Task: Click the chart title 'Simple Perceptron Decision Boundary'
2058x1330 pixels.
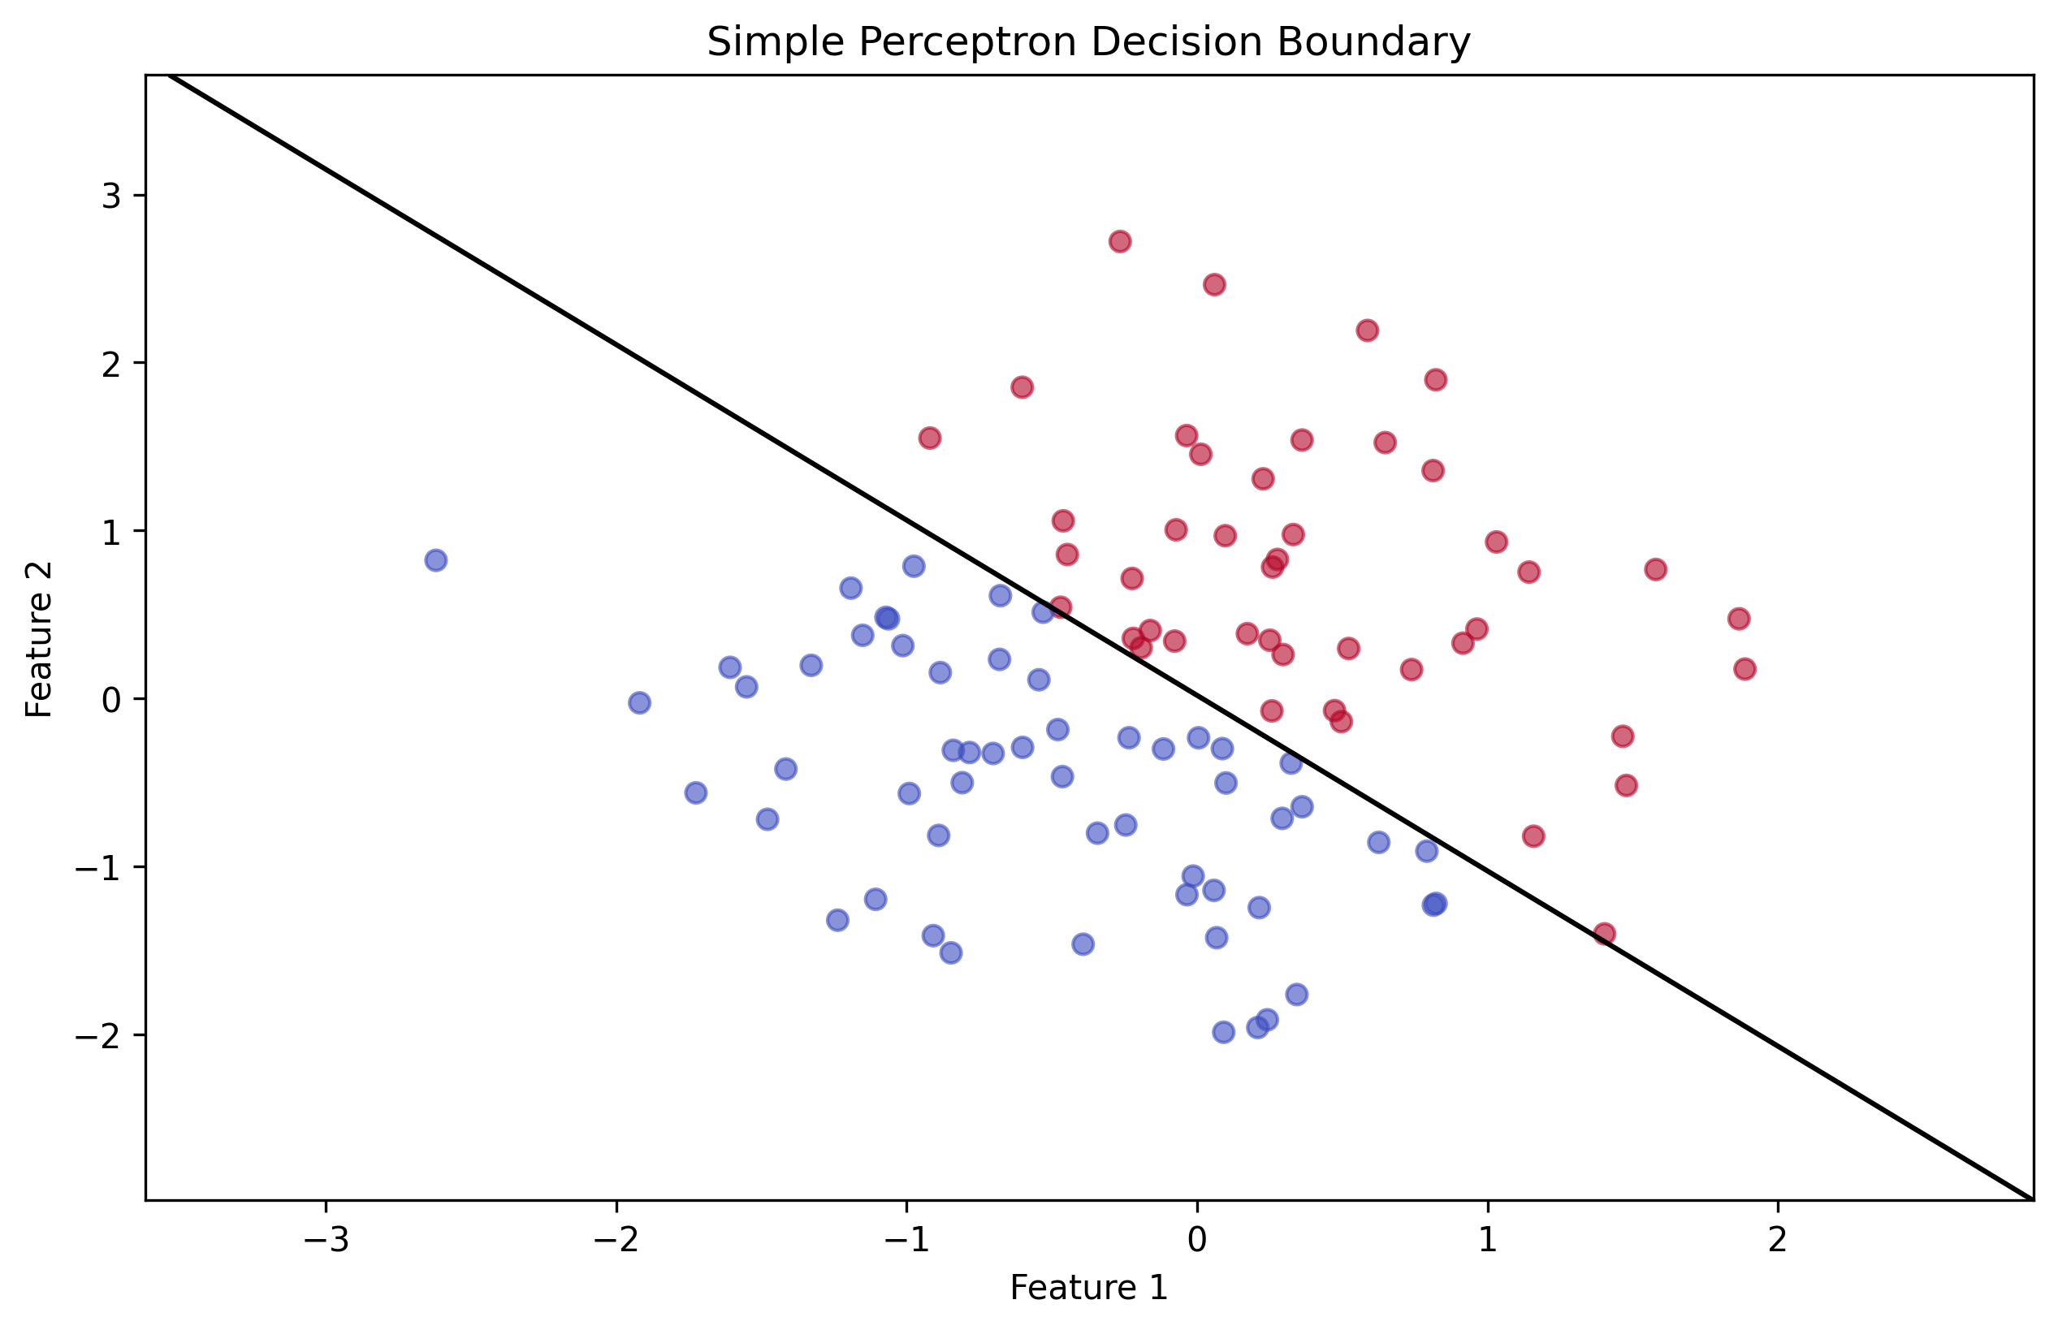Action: pyautogui.click(x=1088, y=41)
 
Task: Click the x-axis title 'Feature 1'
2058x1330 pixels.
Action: pyautogui.click(x=1088, y=1288)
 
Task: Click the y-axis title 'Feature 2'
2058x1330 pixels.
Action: pyautogui.click(x=40, y=639)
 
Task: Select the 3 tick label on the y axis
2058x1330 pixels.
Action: pyautogui.click(x=111, y=196)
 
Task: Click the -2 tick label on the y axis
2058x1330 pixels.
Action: pyautogui.click(x=97, y=1035)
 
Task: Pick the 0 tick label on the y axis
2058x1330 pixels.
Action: pyautogui.click(x=111, y=700)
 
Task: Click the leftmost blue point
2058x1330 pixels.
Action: pyautogui.click(x=436, y=560)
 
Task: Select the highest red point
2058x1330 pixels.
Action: pyautogui.click(x=1120, y=242)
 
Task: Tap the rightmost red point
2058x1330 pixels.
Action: pyautogui.click(x=1745, y=669)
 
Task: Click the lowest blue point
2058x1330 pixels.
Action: pyautogui.click(x=1224, y=1032)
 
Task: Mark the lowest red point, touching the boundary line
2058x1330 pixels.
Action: pyautogui.click(x=1605, y=934)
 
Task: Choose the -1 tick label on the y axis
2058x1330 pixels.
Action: pyautogui.click(x=97, y=868)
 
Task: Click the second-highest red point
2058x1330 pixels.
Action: pyautogui.click(x=1214, y=285)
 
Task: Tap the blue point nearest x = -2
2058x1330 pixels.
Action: pyautogui.click(x=639, y=703)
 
